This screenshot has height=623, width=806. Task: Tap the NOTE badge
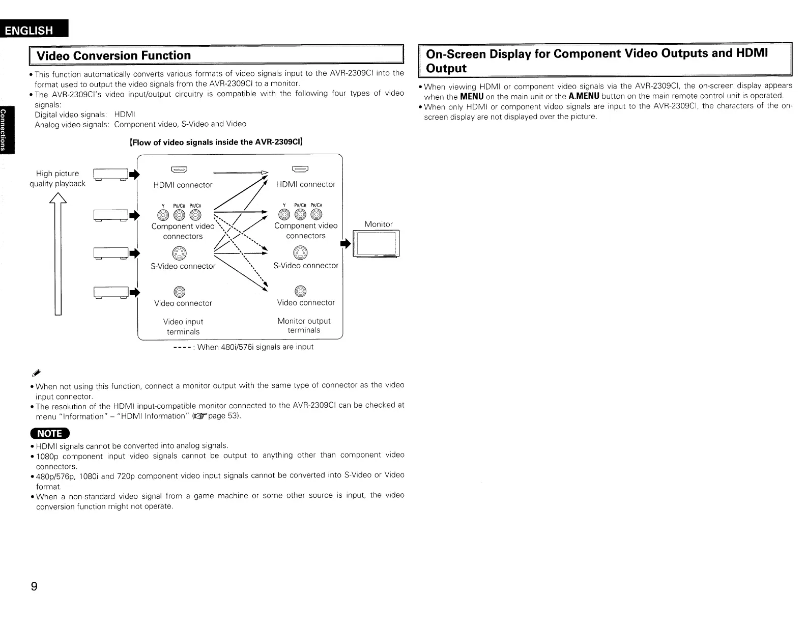[x=50, y=433]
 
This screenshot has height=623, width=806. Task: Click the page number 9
[x=34, y=586]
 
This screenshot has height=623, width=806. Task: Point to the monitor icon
[x=377, y=244]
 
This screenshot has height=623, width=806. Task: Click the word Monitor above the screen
[x=379, y=224]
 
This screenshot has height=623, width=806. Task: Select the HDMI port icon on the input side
[x=181, y=170]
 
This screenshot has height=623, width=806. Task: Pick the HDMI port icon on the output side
[x=300, y=169]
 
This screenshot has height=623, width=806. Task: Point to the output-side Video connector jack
[x=300, y=291]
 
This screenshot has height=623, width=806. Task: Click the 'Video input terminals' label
[x=183, y=327]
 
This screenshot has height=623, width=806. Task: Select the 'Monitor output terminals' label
[x=304, y=326]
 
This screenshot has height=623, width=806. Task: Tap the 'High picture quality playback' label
[x=57, y=179]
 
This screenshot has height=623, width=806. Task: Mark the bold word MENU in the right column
[x=472, y=96]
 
